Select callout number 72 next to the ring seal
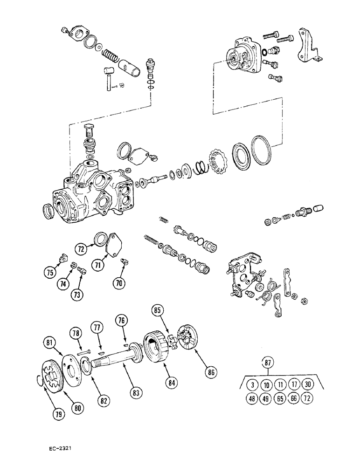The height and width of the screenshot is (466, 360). (x=82, y=249)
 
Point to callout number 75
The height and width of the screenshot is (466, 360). (x=50, y=273)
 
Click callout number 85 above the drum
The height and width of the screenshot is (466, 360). (x=157, y=309)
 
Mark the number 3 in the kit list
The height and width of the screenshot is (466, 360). (x=252, y=385)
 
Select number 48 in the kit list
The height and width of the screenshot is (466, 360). (x=252, y=399)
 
